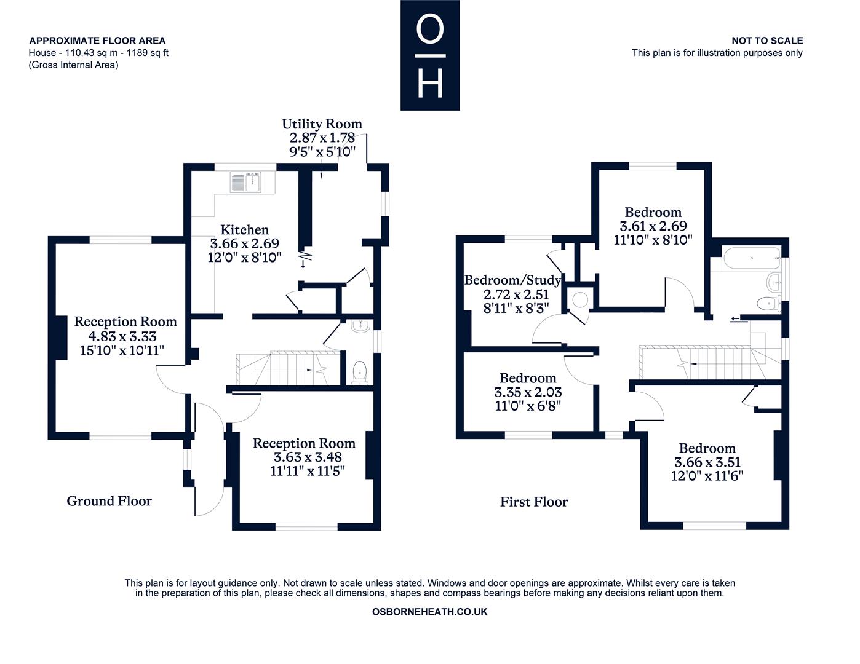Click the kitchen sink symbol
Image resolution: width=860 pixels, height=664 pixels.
click(246, 182)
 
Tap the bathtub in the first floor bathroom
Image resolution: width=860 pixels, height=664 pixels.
click(752, 258)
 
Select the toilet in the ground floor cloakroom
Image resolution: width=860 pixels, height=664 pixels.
click(359, 372)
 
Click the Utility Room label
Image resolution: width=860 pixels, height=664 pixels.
click(322, 124)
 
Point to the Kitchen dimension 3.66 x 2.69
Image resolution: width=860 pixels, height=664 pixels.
click(245, 243)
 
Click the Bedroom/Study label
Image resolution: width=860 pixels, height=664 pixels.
click(512, 280)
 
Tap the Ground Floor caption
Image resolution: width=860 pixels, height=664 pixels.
click(109, 501)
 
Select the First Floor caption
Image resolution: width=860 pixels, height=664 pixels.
click(533, 502)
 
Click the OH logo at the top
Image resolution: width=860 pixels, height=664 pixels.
click(430, 55)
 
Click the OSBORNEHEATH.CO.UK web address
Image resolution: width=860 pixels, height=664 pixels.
click(429, 612)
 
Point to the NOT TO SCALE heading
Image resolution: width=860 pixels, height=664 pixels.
click(767, 41)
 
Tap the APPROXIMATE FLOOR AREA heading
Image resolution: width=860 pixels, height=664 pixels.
click(97, 41)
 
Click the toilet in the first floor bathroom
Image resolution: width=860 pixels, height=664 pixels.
click(768, 303)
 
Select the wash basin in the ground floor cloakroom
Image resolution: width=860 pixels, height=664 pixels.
click(360, 326)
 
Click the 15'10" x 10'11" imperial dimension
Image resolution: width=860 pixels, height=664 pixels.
click(122, 350)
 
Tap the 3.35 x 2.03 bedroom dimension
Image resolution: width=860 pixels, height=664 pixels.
click(528, 392)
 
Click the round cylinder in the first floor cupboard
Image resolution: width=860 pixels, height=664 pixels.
click(580, 300)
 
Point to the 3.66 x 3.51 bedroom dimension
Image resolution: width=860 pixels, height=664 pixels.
click(707, 462)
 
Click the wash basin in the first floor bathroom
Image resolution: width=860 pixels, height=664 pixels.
click(773, 282)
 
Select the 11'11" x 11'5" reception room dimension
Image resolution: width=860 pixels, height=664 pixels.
click(308, 471)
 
